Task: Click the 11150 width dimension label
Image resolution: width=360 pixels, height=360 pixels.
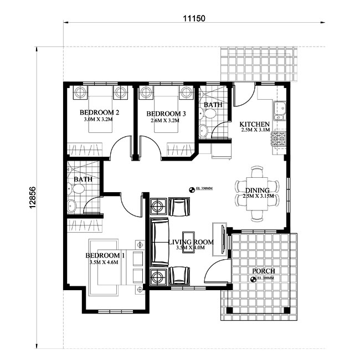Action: (194, 17)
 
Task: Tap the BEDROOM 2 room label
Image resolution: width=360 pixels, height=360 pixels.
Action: (101, 112)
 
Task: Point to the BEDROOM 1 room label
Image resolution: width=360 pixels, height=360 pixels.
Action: (105, 255)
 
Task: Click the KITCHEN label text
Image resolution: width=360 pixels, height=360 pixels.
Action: (254, 124)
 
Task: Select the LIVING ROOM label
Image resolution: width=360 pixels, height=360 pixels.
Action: (191, 242)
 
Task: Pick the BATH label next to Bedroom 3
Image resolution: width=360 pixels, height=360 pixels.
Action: (213, 105)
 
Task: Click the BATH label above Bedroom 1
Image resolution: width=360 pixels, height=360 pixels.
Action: (83, 179)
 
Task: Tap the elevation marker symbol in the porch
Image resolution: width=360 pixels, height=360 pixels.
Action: (254, 280)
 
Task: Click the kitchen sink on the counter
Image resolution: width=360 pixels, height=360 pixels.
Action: (280, 110)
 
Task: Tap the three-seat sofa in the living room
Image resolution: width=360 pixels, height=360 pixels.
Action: (161, 241)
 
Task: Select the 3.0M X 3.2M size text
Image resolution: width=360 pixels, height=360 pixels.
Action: (98, 120)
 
